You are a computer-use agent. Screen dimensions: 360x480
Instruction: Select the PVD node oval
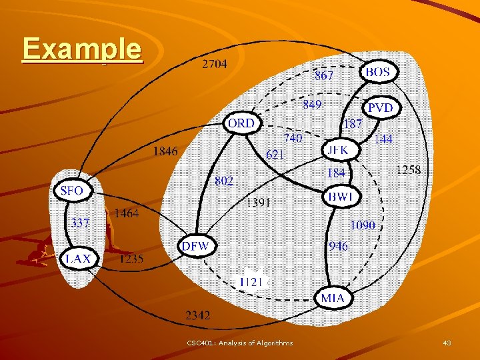pyautogui.click(x=381, y=107)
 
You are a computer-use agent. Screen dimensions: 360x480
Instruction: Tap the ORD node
pyautogui.click(x=241, y=123)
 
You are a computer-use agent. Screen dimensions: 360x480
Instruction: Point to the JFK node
pyautogui.click(x=338, y=151)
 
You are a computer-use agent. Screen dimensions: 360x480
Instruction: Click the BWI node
pyautogui.click(x=342, y=197)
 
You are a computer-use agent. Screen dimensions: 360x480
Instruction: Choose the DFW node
pyautogui.click(x=196, y=247)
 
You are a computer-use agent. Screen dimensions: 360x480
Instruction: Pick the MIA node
pyautogui.click(x=333, y=297)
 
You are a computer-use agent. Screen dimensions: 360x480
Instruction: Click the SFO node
pyautogui.click(x=72, y=191)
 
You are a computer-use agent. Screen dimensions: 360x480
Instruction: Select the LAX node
pyautogui.click(x=79, y=259)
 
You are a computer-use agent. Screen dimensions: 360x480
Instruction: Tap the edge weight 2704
pyautogui.click(x=214, y=65)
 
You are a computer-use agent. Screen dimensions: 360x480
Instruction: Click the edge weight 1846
pyautogui.click(x=165, y=151)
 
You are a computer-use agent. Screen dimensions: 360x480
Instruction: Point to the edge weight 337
pyautogui.click(x=81, y=223)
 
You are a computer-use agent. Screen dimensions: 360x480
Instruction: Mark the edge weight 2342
pyautogui.click(x=197, y=315)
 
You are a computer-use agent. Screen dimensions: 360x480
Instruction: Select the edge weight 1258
pyautogui.click(x=408, y=170)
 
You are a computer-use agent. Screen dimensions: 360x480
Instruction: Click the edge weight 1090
pyautogui.click(x=363, y=225)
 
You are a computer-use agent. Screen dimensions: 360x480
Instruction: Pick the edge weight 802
pyautogui.click(x=224, y=181)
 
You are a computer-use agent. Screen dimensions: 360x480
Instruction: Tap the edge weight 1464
pyautogui.click(x=127, y=213)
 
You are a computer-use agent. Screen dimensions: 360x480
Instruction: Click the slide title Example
pyautogui.click(x=82, y=49)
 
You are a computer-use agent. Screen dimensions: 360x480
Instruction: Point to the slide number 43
pyautogui.click(x=447, y=343)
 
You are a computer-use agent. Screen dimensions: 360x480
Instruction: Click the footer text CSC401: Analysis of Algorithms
pyautogui.click(x=240, y=343)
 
